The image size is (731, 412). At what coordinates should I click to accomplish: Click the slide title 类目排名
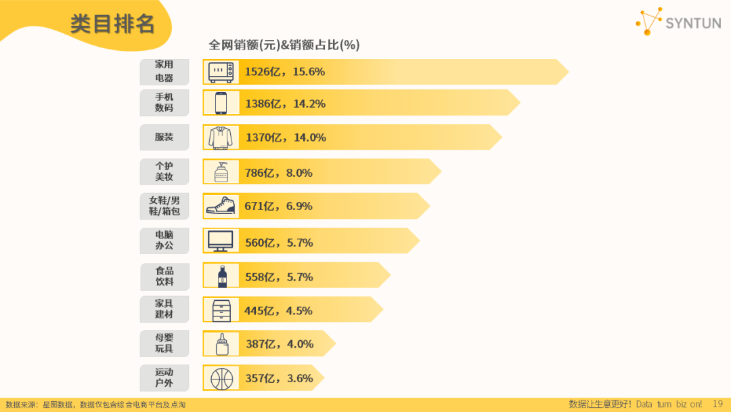point(112,24)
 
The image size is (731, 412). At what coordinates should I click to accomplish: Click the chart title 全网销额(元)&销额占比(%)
point(284,45)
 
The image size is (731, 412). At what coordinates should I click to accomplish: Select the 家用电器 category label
point(164,71)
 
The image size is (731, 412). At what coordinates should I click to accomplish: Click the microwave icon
point(221,72)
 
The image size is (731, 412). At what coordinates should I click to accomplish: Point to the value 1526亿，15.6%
point(285,72)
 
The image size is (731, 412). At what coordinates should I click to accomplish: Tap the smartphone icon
point(221,103)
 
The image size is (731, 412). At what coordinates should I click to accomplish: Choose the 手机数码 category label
point(164,103)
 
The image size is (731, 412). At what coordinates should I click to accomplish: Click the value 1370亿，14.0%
point(286,138)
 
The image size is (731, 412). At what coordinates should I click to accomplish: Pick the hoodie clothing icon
point(221,138)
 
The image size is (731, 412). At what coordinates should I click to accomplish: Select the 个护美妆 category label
point(164,171)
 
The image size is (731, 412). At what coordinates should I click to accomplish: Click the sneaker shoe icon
point(221,206)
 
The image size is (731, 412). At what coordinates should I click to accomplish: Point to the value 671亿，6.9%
point(279,206)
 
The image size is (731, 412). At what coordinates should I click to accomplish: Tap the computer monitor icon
point(221,241)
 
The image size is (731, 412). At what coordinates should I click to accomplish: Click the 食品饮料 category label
point(164,276)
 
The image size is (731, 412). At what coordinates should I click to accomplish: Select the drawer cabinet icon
point(221,310)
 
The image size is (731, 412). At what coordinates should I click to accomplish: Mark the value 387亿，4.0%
point(280,344)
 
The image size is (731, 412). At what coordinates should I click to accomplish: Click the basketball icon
point(221,378)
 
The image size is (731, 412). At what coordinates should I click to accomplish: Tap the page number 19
point(718,403)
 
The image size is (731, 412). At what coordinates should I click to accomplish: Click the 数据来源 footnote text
point(95,405)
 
